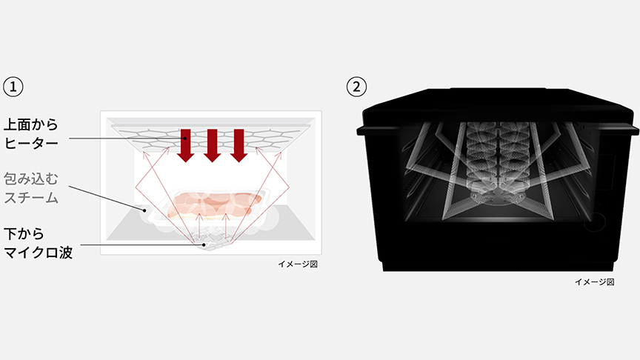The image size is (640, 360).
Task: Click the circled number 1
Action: tap(13, 87)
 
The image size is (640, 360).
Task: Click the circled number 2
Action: tap(356, 87)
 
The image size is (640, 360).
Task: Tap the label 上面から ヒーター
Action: tap(31, 133)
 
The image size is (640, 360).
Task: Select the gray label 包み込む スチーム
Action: tap(31, 188)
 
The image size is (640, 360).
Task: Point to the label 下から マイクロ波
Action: tap(38, 243)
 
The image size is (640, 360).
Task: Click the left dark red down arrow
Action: tap(186, 145)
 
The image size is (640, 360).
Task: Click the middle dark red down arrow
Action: tap(213, 145)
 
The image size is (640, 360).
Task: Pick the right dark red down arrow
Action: tap(239, 145)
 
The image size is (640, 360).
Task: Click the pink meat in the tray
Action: tap(214, 204)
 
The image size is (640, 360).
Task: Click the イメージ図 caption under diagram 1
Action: tap(298, 264)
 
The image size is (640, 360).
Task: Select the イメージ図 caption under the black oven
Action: tap(594, 281)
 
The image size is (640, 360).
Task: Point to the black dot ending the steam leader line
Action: tap(144, 210)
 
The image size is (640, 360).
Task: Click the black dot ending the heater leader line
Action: tap(185, 139)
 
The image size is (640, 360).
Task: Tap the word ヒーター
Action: tap(31, 142)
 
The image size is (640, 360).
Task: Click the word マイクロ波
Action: tap(38, 252)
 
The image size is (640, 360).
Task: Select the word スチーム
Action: tap(31, 197)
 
